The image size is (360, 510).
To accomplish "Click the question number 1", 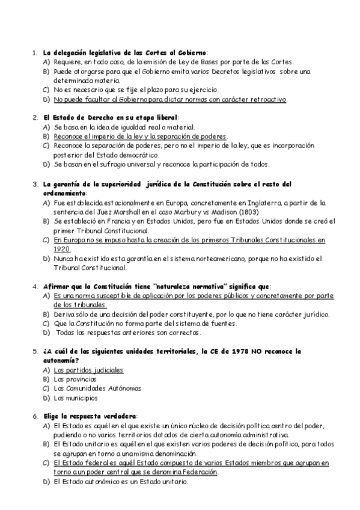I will coord(35,53).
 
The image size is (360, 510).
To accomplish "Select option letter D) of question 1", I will coord(46,99).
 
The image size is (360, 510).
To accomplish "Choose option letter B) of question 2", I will coord(46,137).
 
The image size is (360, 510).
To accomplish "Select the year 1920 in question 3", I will coord(62,248).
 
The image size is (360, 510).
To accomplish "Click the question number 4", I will coord(35,286).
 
